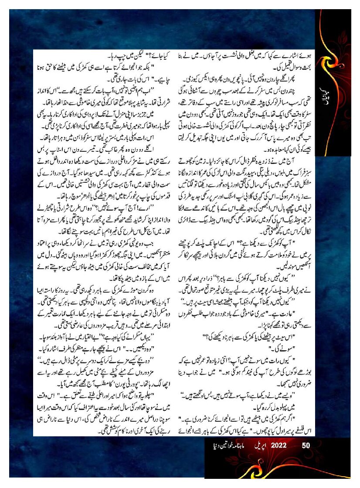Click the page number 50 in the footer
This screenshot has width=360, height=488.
[x=306, y=445]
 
